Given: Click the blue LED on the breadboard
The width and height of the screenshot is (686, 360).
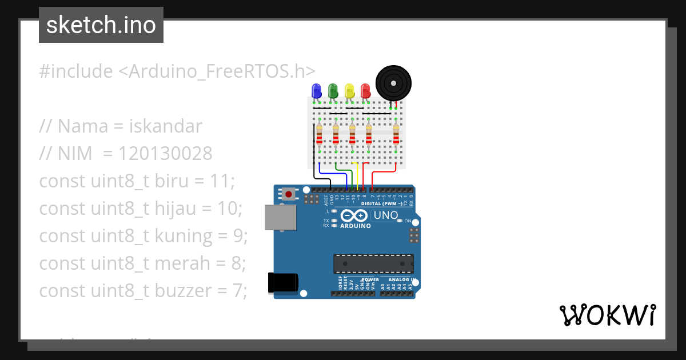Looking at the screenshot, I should (x=316, y=90).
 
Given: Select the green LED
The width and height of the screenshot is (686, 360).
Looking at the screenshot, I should (x=332, y=90).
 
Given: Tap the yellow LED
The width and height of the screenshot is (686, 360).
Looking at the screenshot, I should (x=349, y=90).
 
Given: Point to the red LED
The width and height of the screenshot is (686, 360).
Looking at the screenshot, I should (x=365, y=90).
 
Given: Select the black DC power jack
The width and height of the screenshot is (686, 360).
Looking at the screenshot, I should (x=284, y=283).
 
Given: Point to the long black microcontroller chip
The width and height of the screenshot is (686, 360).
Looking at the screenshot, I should (x=373, y=263).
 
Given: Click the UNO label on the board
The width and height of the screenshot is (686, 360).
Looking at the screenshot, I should (x=385, y=215).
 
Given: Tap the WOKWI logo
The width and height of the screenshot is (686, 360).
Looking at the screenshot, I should (x=607, y=315).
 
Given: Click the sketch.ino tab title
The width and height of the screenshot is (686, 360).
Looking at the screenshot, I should (x=101, y=25).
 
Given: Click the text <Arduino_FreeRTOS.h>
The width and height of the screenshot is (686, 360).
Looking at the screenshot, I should (x=217, y=71).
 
